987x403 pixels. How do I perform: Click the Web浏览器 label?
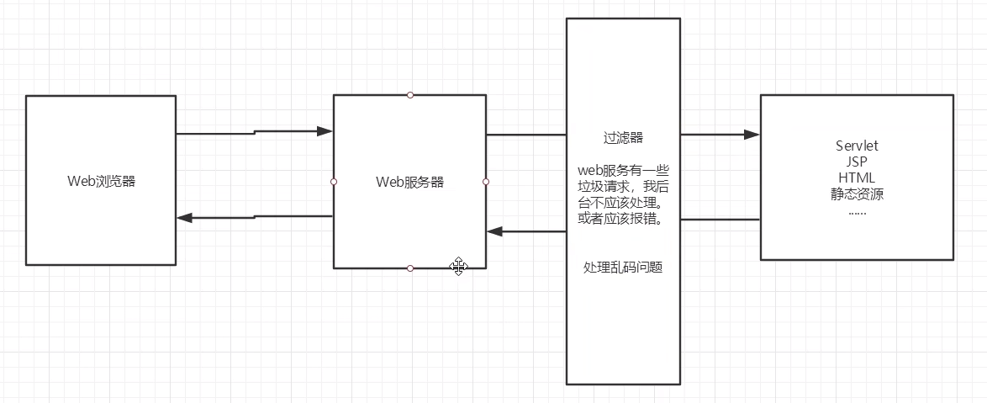click(101, 181)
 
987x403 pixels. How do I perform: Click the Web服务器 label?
click(409, 182)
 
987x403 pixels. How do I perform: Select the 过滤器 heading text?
click(623, 137)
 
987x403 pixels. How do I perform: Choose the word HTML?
click(856, 178)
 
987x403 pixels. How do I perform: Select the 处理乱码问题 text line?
click(623, 268)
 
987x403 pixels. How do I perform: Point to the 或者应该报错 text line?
click(623, 219)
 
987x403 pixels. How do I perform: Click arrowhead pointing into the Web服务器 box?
click(325, 131)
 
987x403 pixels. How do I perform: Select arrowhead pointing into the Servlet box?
click(751, 134)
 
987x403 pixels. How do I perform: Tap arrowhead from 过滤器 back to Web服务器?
click(495, 231)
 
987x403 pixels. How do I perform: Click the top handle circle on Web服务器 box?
click(410, 95)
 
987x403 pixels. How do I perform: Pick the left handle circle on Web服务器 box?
click(334, 182)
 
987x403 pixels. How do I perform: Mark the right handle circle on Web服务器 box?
click(486, 182)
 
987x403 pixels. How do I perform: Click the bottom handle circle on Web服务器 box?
click(410, 268)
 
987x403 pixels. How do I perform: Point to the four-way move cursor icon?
click(459, 267)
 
